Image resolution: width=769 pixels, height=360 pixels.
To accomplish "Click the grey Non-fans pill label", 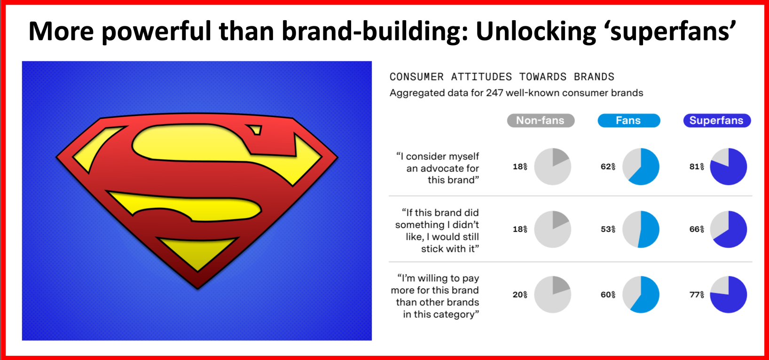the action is [x=541, y=120].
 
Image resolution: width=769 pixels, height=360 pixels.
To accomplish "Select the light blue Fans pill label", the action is [x=628, y=120].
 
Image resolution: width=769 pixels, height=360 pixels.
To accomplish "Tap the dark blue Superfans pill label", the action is [x=717, y=120].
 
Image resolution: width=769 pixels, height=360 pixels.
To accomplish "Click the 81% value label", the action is [x=697, y=167].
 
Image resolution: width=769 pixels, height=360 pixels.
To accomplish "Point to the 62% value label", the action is [x=608, y=167].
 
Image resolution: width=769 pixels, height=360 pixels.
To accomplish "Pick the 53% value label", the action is [x=608, y=229].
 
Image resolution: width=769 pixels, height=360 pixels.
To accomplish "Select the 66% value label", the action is [x=697, y=229].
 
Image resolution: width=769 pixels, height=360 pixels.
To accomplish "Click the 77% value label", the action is [x=697, y=295].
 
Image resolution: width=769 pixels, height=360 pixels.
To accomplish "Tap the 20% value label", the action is [x=520, y=295].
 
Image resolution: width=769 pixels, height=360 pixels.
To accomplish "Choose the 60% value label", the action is [x=608, y=295].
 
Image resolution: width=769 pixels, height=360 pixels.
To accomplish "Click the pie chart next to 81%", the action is [x=729, y=167].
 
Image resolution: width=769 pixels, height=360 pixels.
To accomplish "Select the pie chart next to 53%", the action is [x=641, y=229].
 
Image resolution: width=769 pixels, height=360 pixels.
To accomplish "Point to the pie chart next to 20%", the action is [x=553, y=295].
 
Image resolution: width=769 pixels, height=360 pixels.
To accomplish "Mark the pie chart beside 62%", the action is [x=641, y=167].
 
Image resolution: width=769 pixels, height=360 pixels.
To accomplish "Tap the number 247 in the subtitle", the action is [x=494, y=93].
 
